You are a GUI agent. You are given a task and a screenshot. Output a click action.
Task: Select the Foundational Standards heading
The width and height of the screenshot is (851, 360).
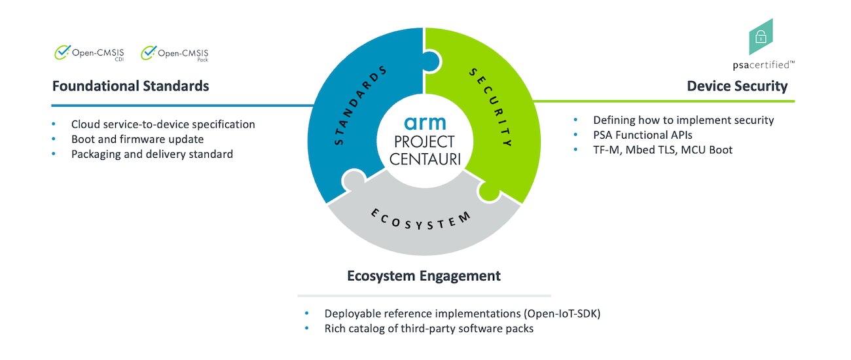130,86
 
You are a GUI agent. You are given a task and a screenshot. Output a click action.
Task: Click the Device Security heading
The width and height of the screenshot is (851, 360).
737,86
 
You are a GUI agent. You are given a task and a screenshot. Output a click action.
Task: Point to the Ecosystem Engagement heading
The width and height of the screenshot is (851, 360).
424,276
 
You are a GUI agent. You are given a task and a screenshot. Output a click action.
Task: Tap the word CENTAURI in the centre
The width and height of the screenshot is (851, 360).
424,158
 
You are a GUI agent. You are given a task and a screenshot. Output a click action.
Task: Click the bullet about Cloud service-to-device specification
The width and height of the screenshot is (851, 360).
163,124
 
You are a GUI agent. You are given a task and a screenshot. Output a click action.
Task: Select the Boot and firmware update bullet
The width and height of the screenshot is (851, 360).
137,139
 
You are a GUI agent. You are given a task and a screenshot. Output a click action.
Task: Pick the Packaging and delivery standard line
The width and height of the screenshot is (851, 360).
152,154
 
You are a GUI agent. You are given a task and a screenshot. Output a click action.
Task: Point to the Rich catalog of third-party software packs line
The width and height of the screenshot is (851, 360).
429,329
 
